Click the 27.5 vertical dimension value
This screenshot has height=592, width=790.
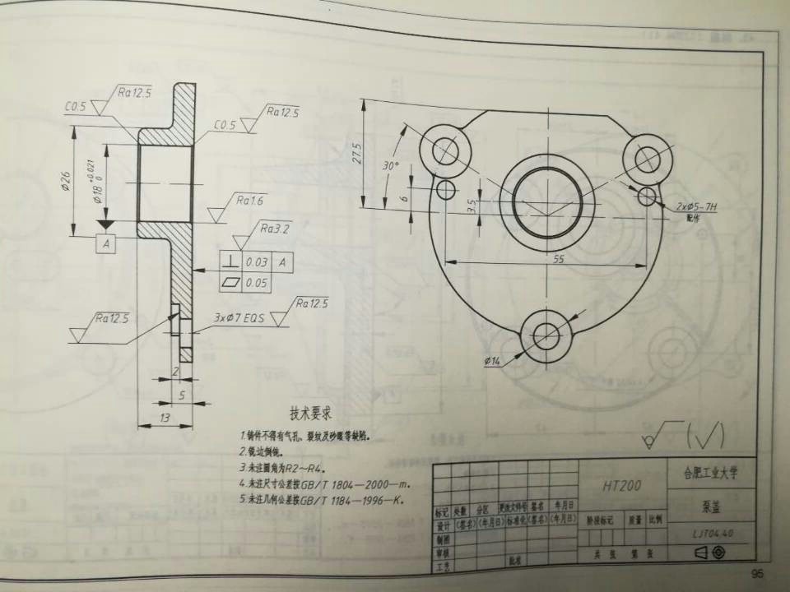point(357,154)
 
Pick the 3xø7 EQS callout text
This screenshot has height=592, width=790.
point(239,317)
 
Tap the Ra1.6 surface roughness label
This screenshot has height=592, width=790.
point(249,200)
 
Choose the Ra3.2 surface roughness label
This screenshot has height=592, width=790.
point(275,228)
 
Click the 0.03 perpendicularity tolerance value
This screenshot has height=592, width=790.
point(256,262)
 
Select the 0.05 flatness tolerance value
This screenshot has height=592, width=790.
point(256,283)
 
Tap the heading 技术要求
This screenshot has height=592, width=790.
point(315,411)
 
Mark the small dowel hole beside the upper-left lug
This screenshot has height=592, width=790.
point(446,191)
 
